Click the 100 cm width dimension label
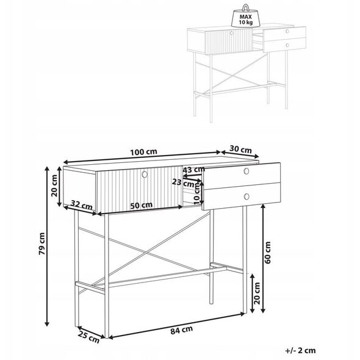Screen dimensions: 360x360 (x=143, y=152)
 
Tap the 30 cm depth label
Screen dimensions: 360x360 (x=240, y=149)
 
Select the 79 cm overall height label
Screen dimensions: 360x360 (x=42, y=243)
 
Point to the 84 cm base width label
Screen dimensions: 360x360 (x=181, y=330)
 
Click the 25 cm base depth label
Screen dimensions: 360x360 (x=88, y=337)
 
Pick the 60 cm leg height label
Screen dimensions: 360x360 (x=267, y=253)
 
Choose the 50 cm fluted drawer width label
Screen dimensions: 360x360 (x=141, y=205)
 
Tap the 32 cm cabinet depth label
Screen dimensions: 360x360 (x=82, y=204)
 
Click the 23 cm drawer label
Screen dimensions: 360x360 (x=183, y=182)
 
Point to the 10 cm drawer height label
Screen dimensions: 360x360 (x=197, y=195)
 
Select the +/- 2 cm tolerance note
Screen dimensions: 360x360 (x=300, y=350)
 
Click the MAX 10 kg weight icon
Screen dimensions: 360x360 (x=245, y=16)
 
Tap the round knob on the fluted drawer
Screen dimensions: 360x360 (x=145, y=175)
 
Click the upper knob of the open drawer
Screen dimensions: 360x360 (x=247, y=171)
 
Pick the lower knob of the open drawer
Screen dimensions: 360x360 (x=247, y=196)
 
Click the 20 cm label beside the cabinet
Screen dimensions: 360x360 (x=54, y=185)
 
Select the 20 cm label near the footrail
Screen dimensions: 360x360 (x=257, y=293)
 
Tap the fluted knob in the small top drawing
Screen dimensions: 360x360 (x=231, y=32)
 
